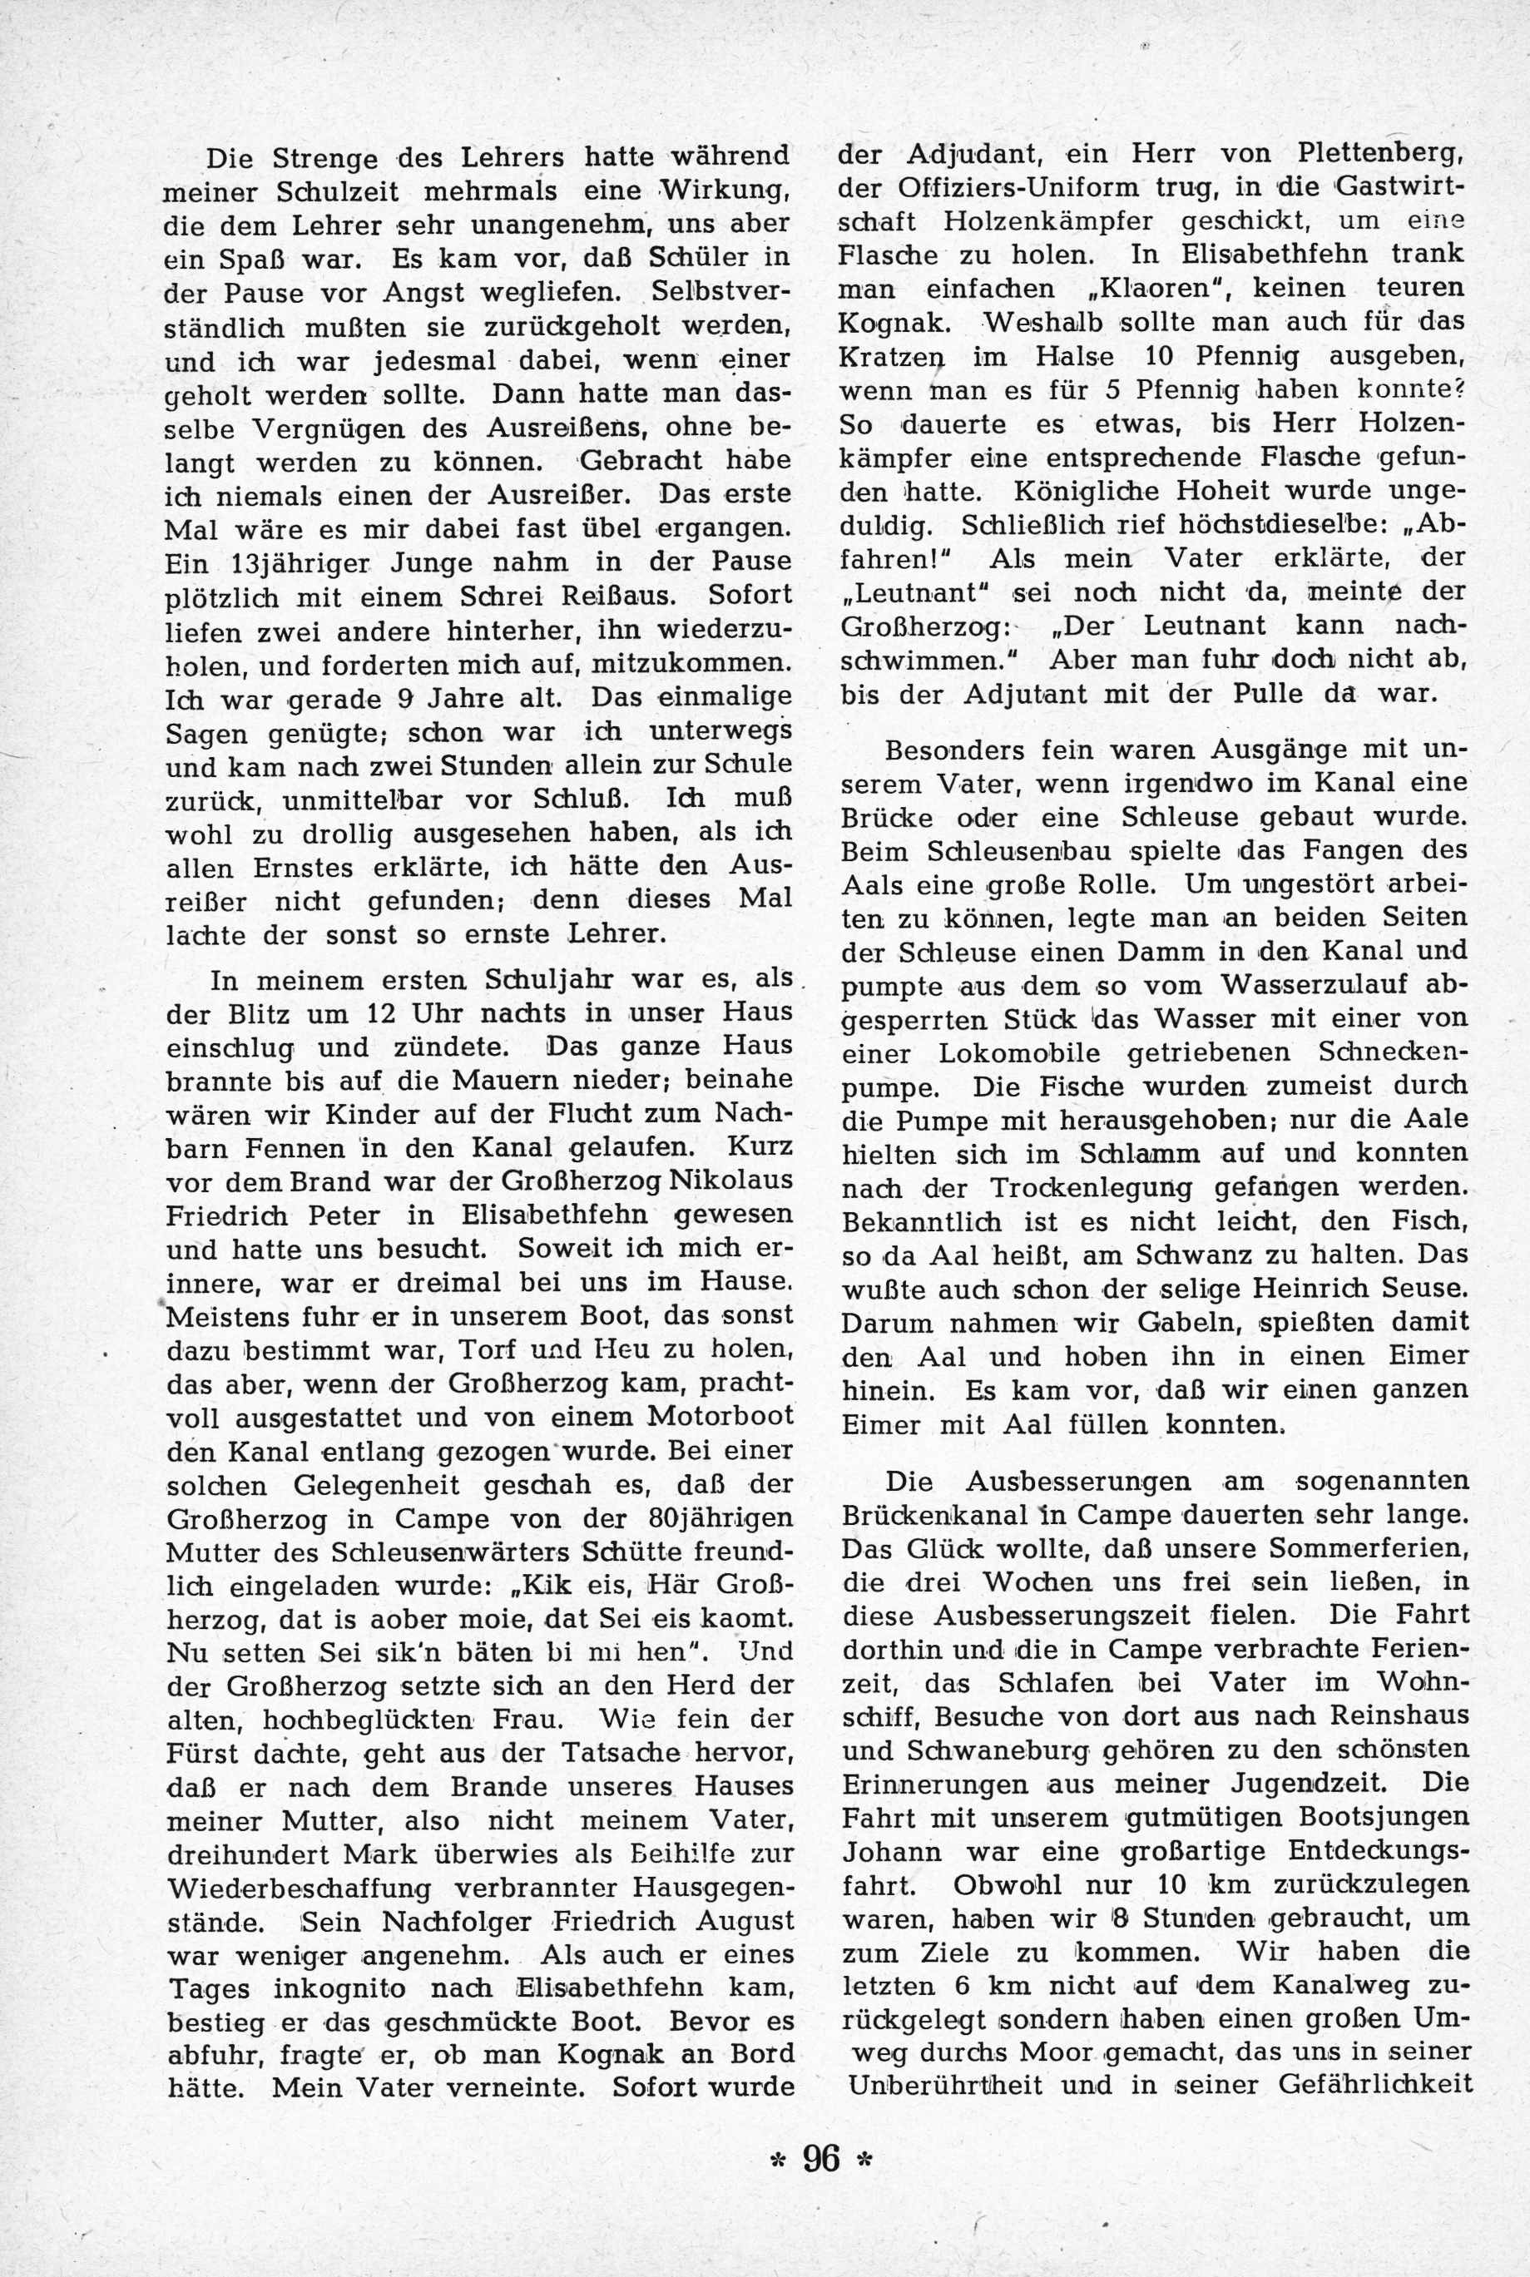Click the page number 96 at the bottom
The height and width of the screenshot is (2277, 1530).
820,2159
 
